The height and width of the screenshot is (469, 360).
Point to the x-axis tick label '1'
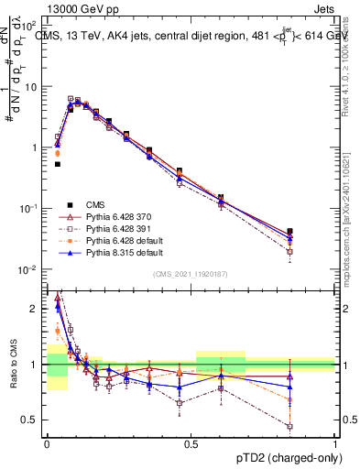[334, 444]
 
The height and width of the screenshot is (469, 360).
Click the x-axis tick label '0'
[47, 444]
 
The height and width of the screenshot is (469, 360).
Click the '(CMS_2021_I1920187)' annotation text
[191, 275]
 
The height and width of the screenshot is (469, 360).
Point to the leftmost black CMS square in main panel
[57, 165]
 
